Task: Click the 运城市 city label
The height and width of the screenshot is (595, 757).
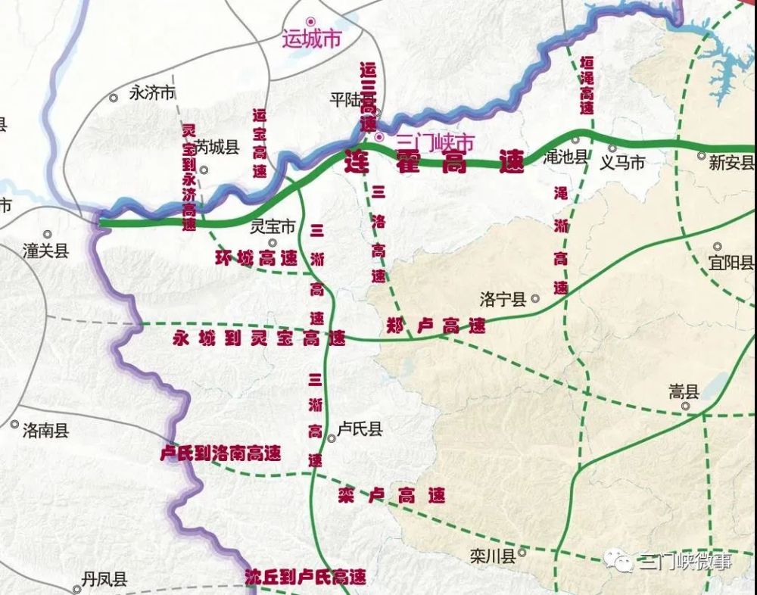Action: click(311, 39)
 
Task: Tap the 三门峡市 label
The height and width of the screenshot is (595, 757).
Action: click(435, 142)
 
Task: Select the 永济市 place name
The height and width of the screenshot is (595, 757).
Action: click(152, 93)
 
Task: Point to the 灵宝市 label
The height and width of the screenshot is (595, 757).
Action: click(273, 226)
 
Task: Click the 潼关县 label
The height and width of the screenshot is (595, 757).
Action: click(45, 251)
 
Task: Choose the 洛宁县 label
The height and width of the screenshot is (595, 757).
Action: click(503, 299)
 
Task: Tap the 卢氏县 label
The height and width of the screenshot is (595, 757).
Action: click(360, 430)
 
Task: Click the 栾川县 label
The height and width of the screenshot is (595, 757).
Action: click(492, 556)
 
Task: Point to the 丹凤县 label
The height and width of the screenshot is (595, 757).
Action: click(104, 580)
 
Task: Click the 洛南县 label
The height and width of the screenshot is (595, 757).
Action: click(45, 431)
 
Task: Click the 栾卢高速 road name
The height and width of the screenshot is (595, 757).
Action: click(391, 496)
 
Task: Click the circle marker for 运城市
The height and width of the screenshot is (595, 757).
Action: click(309, 21)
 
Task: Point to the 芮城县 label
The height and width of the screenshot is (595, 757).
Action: click(217, 148)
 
